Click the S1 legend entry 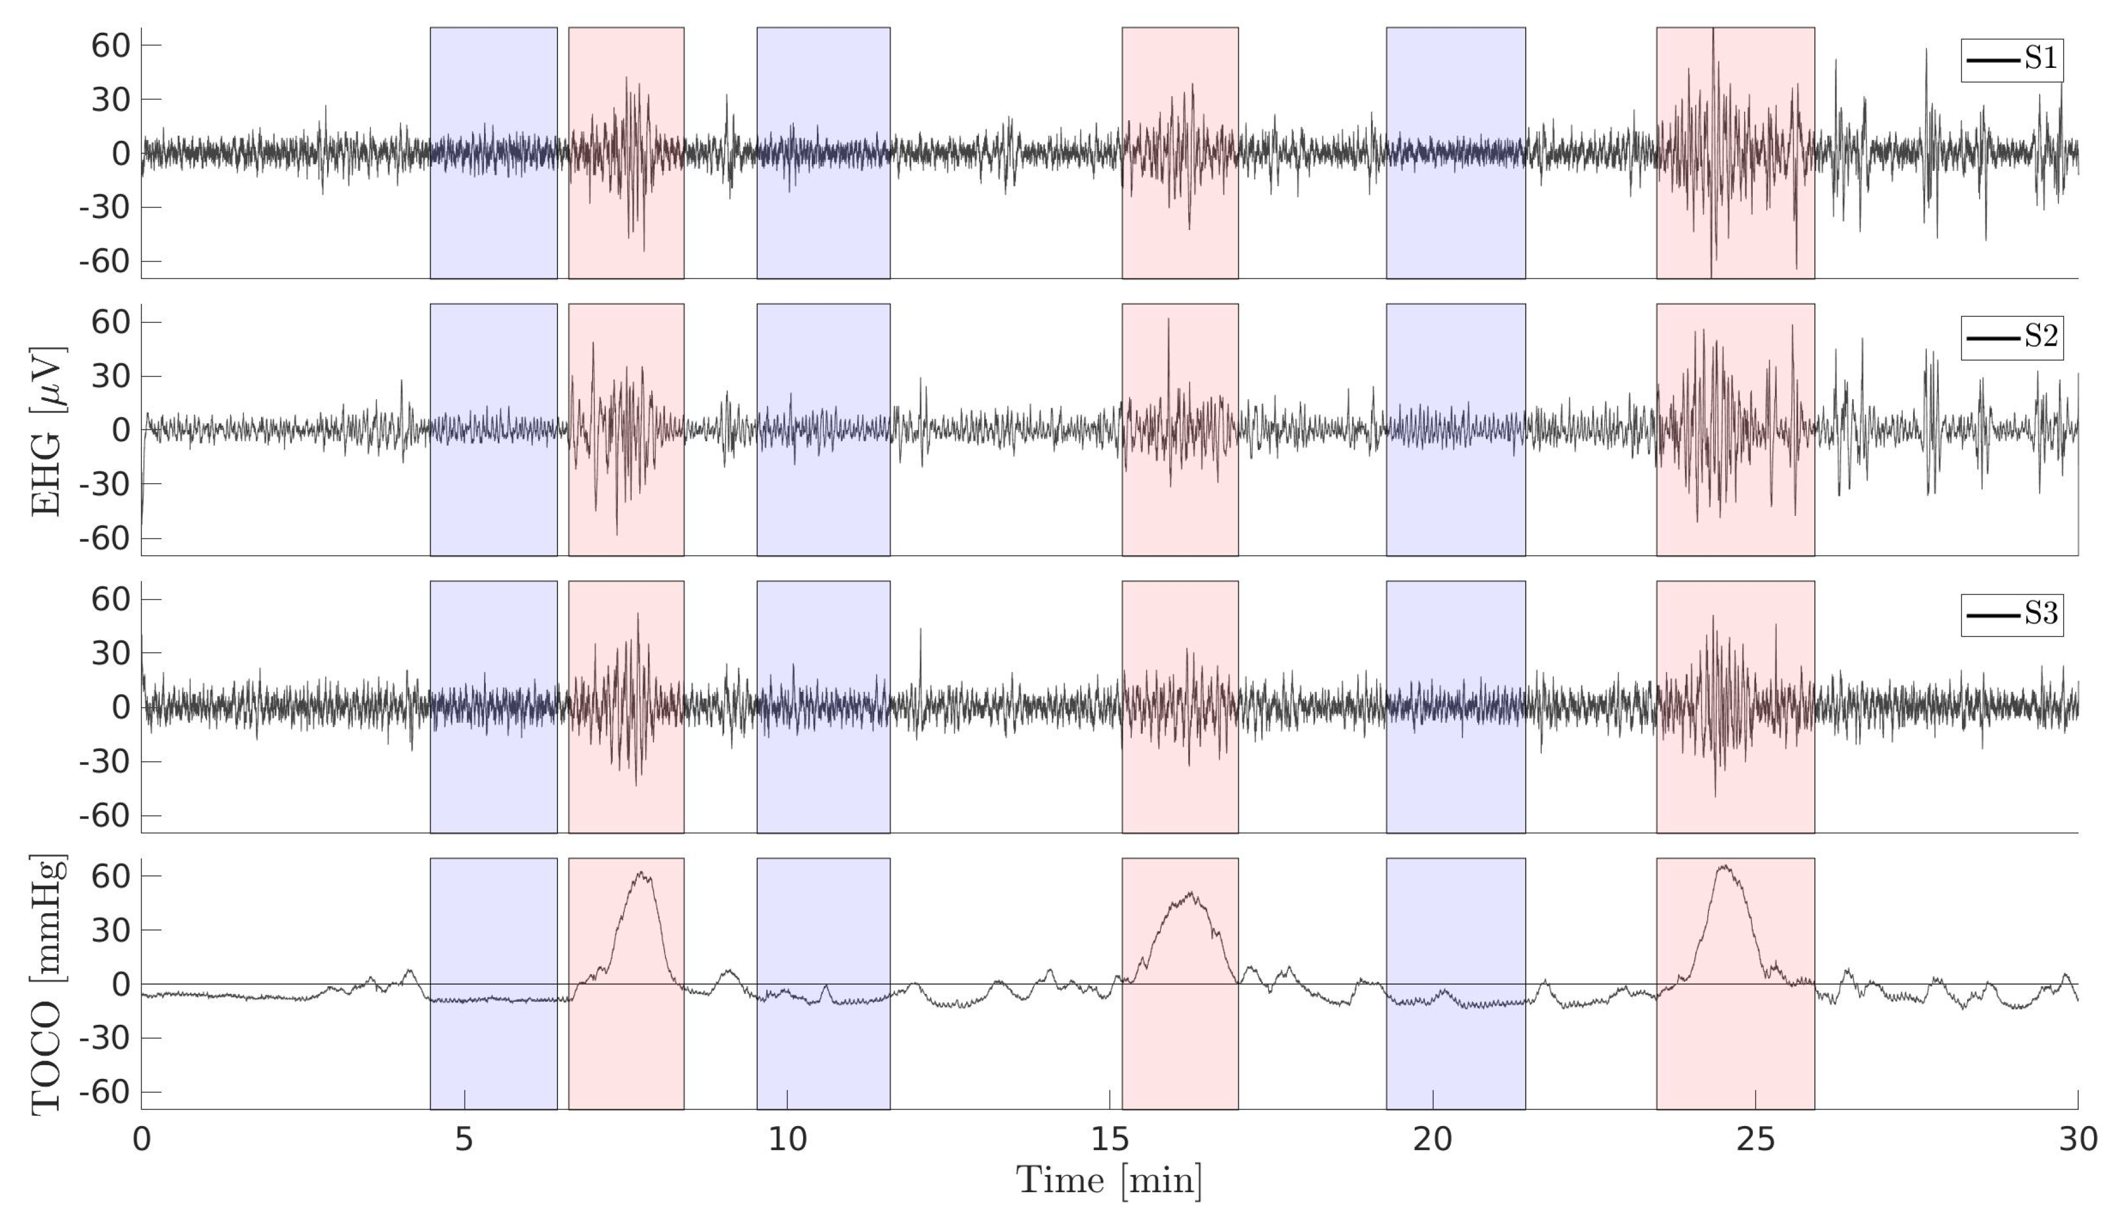tap(2011, 60)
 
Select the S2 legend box tap(2011, 338)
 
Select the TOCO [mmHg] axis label tap(47, 985)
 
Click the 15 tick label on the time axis tap(1109, 1140)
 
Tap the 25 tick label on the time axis tap(1755, 1140)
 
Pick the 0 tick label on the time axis tap(141, 1140)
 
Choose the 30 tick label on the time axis tap(2077, 1140)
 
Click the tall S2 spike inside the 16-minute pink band tap(1168, 320)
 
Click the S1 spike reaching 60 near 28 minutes tap(1926, 51)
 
